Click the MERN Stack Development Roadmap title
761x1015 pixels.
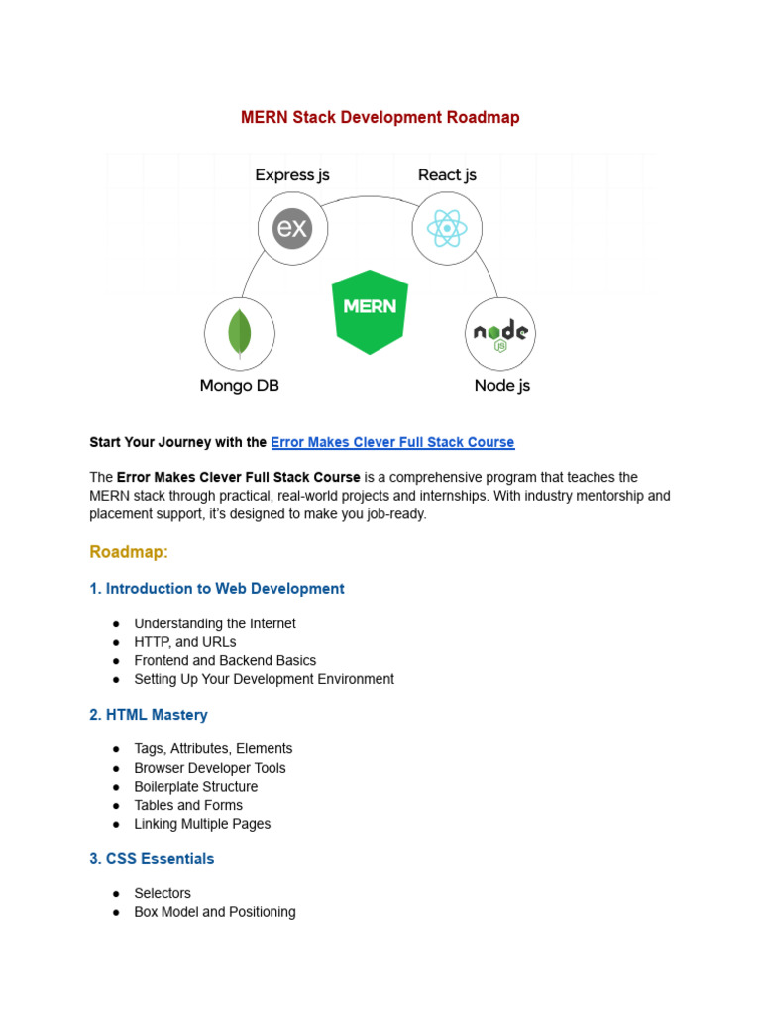pos(380,117)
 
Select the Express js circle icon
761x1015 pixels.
pos(292,229)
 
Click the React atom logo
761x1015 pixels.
pos(447,229)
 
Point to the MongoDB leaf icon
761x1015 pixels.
pos(239,333)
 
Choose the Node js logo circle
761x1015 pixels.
pos(500,333)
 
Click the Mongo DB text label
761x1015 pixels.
pos(239,386)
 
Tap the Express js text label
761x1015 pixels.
pos(292,175)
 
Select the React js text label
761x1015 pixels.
pos(447,175)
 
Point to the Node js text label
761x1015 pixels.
pos(501,386)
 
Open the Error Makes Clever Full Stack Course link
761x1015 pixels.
pos(392,442)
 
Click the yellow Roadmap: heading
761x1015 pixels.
pos(129,551)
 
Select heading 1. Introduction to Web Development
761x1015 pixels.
pos(217,589)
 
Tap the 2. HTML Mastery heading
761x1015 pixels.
pos(149,715)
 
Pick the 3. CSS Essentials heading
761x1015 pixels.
pos(152,859)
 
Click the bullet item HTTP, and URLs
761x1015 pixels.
pos(185,642)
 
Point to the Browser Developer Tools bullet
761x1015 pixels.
pos(210,768)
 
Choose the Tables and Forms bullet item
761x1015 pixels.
pos(188,805)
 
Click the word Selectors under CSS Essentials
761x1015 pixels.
pos(163,893)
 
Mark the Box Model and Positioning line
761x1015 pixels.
pos(215,912)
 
